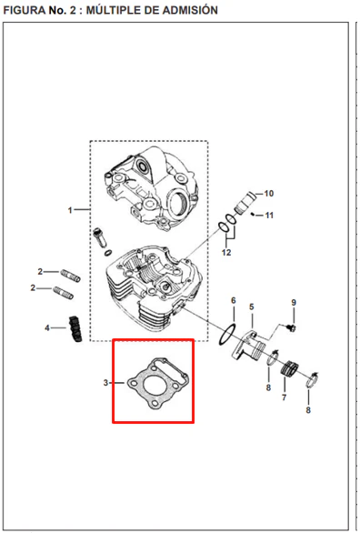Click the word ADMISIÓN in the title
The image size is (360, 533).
[x=189, y=10]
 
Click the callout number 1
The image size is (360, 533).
[x=70, y=210]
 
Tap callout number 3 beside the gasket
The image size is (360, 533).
[x=105, y=383]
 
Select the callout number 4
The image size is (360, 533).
[x=47, y=327]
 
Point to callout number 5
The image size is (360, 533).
[x=251, y=307]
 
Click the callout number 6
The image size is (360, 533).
[x=234, y=300]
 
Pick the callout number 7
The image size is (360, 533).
[x=284, y=397]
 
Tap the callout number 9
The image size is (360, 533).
[x=294, y=302]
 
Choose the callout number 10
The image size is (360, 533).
[x=269, y=194]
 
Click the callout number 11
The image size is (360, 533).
[x=269, y=216]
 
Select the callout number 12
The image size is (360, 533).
[x=226, y=252]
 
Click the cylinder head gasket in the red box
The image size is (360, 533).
[x=158, y=382]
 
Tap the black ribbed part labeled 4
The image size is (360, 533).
[x=75, y=329]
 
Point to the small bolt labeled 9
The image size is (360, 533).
[x=291, y=327]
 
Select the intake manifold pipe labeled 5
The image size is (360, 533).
[x=249, y=347]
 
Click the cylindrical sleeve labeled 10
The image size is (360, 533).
[x=245, y=203]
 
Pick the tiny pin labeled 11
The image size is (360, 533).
[x=253, y=214]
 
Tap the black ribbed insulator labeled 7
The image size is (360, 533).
[x=290, y=368]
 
